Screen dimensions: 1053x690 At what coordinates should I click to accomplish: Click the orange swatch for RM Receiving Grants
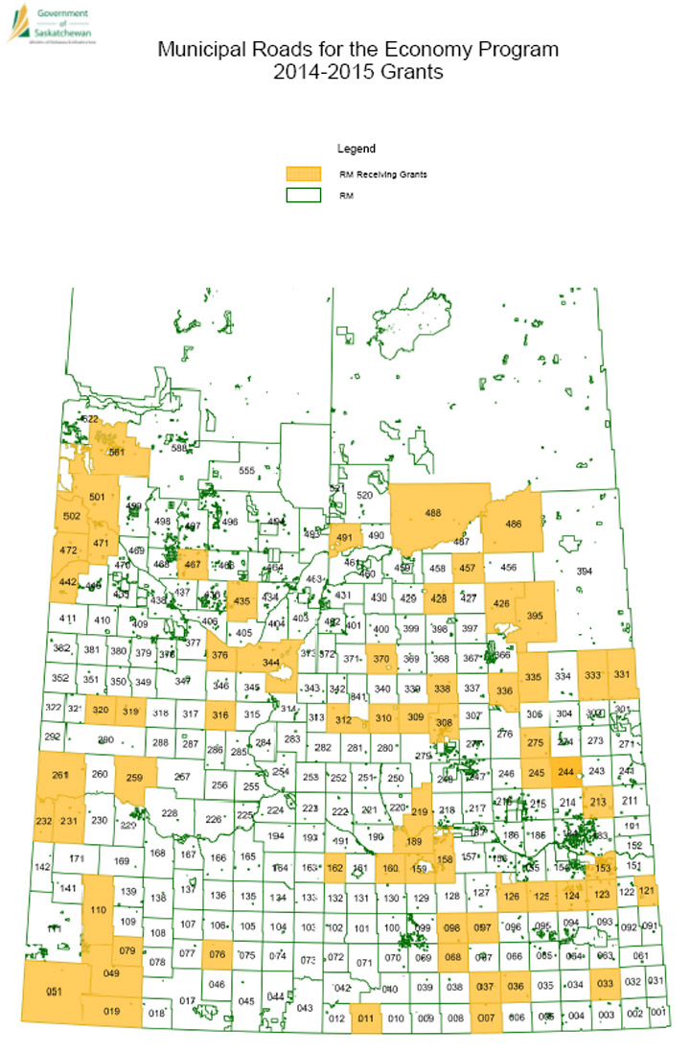[304, 174]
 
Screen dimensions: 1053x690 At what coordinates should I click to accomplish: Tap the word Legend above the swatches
[356, 149]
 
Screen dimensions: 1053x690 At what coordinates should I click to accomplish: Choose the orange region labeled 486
[514, 524]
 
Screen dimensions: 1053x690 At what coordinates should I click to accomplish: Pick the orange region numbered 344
[271, 663]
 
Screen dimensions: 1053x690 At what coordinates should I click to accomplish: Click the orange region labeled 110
[97, 908]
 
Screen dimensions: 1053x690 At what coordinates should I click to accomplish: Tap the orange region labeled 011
[365, 1018]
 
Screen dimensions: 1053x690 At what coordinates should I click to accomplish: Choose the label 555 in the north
[246, 470]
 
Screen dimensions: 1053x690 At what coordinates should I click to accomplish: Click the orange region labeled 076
[218, 954]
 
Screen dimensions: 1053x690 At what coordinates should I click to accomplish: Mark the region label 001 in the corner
[656, 1011]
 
